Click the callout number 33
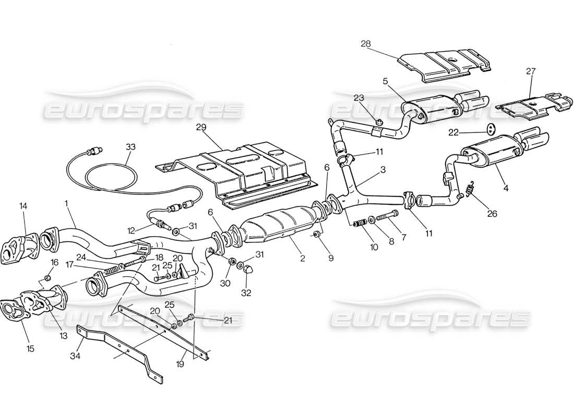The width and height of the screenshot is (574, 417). (x=130, y=147)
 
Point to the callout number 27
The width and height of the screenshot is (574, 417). (x=531, y=71)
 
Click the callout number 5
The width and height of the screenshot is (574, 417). (x=385, y=81)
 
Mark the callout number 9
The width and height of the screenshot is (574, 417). (x=330, y=257)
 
